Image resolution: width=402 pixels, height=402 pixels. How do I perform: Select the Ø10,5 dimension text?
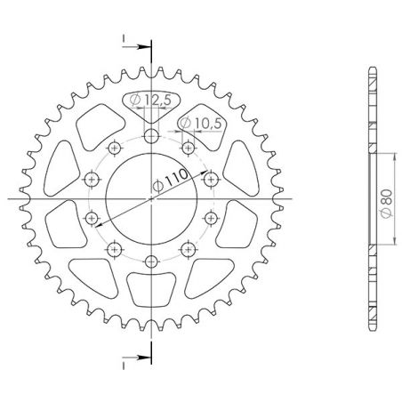(201, 121)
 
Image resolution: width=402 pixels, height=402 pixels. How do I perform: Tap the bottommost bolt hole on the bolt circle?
(152, 260)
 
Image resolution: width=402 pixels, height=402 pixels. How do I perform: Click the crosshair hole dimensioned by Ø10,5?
(189, 147)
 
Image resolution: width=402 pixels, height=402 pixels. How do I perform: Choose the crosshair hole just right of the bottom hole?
(188, 249)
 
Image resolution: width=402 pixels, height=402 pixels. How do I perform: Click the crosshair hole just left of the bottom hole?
(116, 249)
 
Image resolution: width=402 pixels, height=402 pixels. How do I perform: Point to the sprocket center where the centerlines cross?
(152, 198)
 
